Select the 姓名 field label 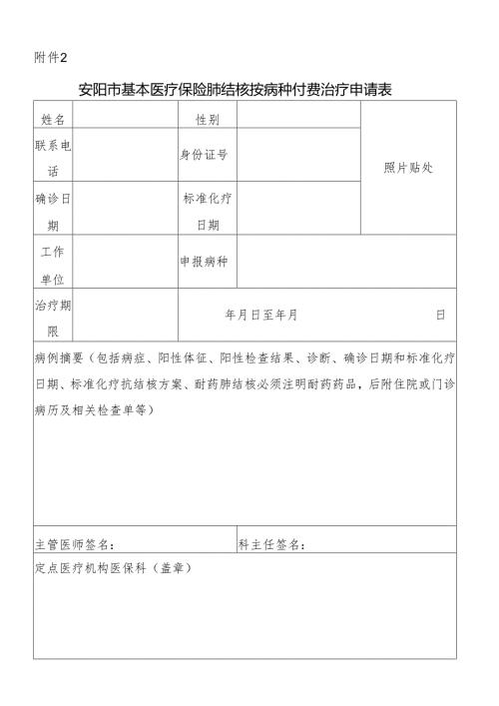tap(53, 119)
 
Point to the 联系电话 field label tap(53, 157)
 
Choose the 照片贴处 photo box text tap(408, 167)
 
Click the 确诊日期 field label tap(53, 211)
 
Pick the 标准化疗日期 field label tap(208, 211)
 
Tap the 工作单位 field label tap(53, 264)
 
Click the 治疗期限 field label tap(53, 317)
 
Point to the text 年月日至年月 tap(261, 316)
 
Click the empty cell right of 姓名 tap(126, 119)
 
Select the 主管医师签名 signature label tap(74, 544)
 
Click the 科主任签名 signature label tap(271, 544)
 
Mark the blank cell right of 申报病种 tap(346, 262)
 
